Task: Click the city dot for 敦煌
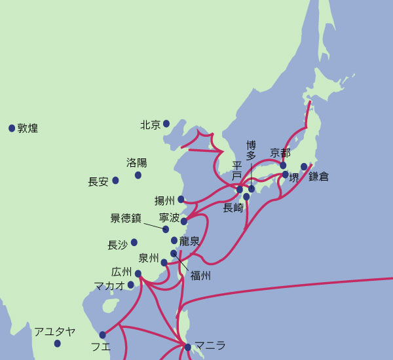click(x=12, y=128)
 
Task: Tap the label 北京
click(x=151, y=124)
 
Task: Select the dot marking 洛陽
click(x=138, y=175)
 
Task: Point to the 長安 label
click(x=98, y=182)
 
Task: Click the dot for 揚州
click(x=181, y=199)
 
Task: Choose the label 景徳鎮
click(x=126, y=218)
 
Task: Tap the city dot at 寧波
click(x=184, y=221)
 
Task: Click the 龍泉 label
click(x=189, y=241)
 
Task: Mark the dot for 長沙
click(x=134, y=242)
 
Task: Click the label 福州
click(x=200, y=276)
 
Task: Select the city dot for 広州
click(x=138, y=274)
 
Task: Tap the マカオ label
click(x=109, y=285)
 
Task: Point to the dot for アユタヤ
click(x=58, y=344)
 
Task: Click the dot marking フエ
click(x=103, y=334)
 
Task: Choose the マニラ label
click(x=210, y=346)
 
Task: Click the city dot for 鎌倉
click(x=304, y=166)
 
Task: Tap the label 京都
click(x=280, y=153)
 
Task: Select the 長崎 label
click(x=233, y=208)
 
